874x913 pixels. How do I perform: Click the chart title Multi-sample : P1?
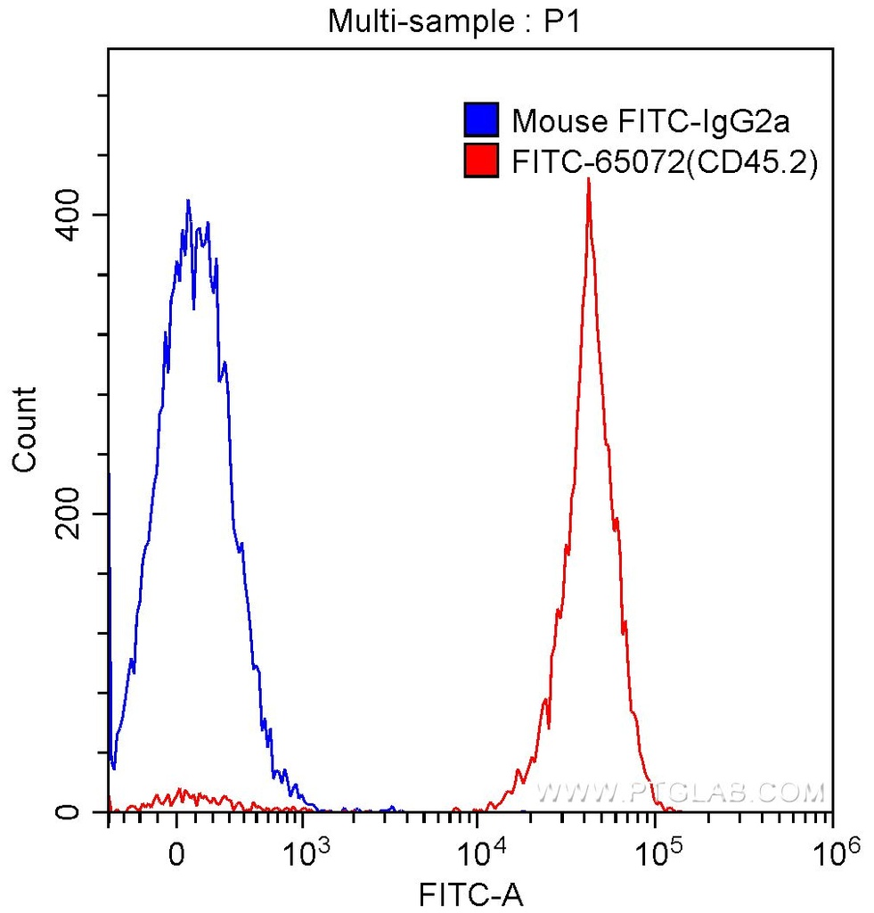(x=454, y=21)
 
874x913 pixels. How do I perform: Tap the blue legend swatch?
(x=480, y=119)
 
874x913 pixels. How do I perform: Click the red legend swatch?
(x=480, y=161)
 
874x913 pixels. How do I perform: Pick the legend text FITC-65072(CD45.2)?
(x=665, y=162)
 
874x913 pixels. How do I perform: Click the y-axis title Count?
(x=26, y=429)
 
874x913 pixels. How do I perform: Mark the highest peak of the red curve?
(x=588, y=181)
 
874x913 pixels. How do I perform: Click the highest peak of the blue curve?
(x=187, y=202)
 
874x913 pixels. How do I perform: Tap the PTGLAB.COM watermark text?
(x=681, y=791)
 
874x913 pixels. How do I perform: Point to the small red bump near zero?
(x=182, y=792)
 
